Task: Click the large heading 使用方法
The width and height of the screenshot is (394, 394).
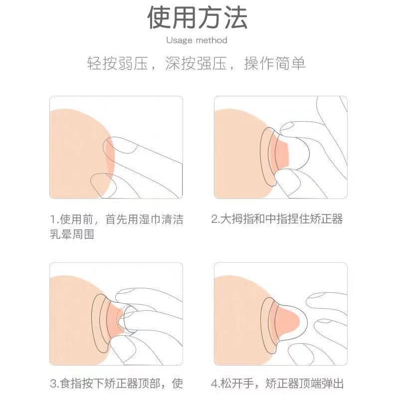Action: click(197, 18)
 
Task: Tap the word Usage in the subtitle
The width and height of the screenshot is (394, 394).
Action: click(179, 40)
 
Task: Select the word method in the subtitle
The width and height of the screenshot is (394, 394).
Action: click(211, 40)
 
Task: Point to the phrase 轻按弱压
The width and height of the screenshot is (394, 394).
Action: click(117, 63)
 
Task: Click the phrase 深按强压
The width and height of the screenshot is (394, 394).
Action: click(196, 63)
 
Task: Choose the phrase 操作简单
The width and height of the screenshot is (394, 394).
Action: click(275, 63)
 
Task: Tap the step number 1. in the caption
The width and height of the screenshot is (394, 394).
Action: click(54, 219)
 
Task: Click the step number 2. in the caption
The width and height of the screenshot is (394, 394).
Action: click(216, 219)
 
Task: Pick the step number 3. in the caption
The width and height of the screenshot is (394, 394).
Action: click(54, 384)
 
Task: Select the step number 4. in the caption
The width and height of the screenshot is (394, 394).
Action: click(216, 384)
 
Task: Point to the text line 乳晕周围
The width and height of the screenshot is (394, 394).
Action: click(72, 234)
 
